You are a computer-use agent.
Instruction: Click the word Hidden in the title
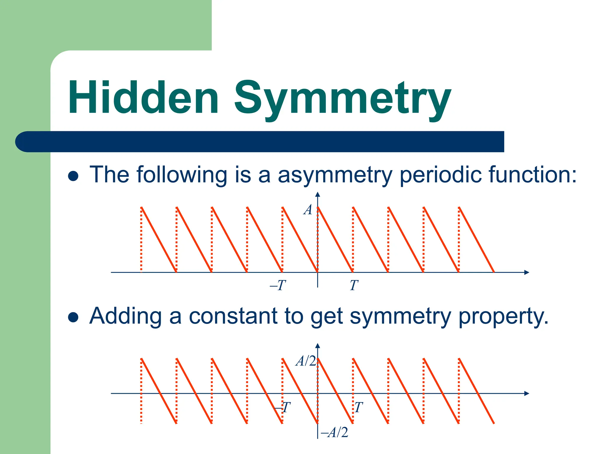144,98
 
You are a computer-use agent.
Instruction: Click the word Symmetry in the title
343,99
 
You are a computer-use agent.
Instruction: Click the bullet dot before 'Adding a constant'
73,317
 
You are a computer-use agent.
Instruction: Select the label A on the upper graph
308,210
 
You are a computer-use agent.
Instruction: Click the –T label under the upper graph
278,286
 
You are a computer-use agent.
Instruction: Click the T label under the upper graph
354,286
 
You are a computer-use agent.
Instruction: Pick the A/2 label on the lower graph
306,361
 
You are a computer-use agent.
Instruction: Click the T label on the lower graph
358,407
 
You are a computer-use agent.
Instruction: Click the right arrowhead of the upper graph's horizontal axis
526,272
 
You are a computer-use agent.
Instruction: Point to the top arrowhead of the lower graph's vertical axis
318,346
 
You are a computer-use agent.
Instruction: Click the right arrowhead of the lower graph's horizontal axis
526,393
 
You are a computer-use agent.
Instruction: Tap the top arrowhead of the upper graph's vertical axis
318,194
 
